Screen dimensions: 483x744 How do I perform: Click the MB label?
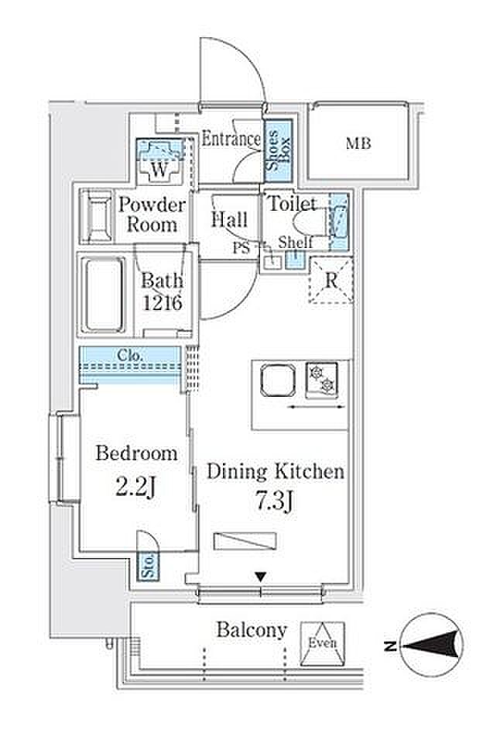tap(358, 143)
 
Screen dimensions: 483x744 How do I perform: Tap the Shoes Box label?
tap(278, 150)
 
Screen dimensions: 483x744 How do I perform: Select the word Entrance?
tap(231, 139)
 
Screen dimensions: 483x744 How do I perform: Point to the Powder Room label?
tap(152, 215)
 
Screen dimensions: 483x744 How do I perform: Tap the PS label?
tap(241, 247)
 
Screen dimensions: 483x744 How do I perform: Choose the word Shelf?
tap(296, 243)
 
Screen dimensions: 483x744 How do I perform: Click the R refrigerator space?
tap(331, 281)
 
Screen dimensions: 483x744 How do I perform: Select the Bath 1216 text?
tap(162, 291)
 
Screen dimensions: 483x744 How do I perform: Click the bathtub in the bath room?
tap(103, 294)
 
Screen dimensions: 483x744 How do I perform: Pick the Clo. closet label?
tap(130, 356)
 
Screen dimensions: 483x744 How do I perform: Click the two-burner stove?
tap(322, 380)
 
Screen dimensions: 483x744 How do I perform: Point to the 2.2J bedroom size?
tap(135, 487)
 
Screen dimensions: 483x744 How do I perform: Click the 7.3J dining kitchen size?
tap(276, 502)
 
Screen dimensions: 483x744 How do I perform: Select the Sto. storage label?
tap(149, 566)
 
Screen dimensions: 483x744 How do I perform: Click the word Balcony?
tap(252, 630)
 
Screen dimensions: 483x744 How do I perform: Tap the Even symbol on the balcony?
tap(322, 644)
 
